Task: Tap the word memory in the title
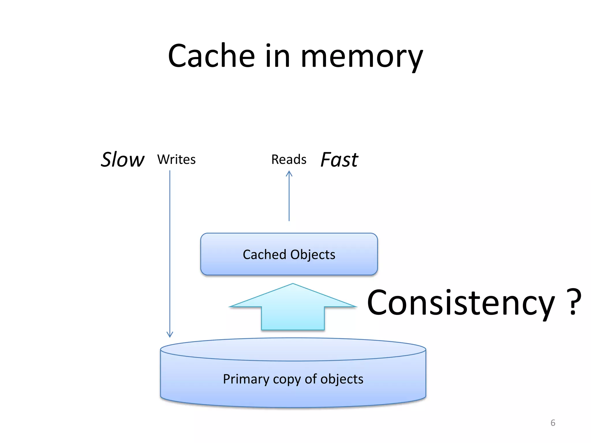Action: click(x=362, y=58)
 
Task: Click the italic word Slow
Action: click(x=122, y=159)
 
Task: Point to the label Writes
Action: click(x=176, y=159)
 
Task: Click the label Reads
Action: click(x=289, y=159)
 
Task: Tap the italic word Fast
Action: click(x=339, y=159)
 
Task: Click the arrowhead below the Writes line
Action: click(x=170, y=334)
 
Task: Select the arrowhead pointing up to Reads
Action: click(x=289, y=174)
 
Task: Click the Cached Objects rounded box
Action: click(x=289, y=267)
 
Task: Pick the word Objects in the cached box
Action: click(x=313, y=254)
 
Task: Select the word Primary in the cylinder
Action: click(x=246, y=379)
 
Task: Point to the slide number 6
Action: click(x=553, y=423)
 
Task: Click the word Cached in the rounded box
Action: click(x=264, y=254)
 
